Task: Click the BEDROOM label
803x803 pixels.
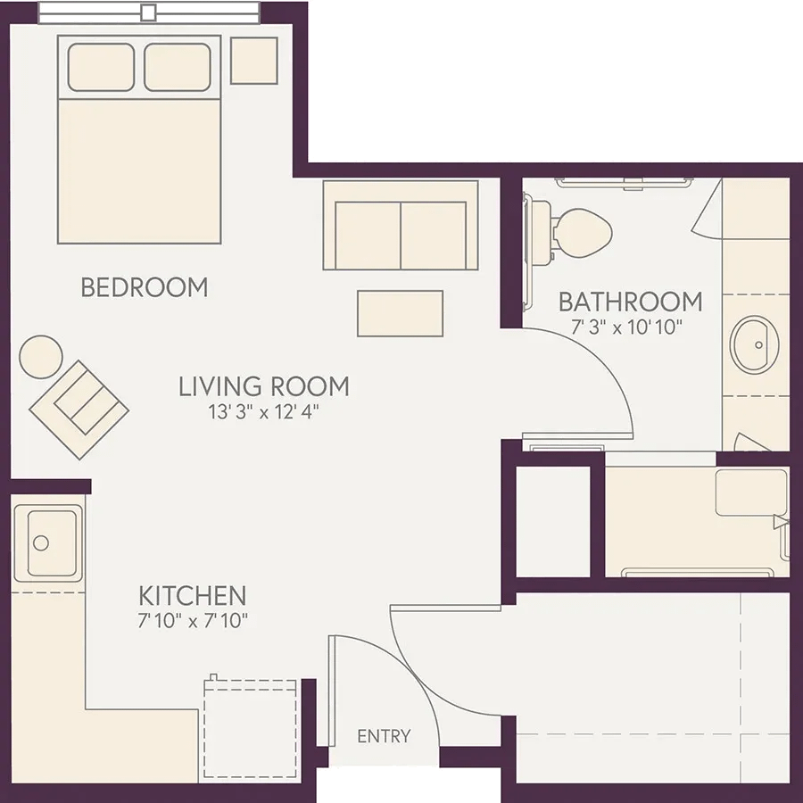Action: click(145, 287)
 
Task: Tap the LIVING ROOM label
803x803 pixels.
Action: click(264, 386)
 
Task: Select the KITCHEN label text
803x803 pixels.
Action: click(193, 596)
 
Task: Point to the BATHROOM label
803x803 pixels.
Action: click(631, 302)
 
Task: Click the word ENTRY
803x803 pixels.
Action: click(384, 736)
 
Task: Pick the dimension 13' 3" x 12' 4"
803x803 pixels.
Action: click(264, 411)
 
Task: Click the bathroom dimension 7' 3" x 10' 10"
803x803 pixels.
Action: click(627, 327)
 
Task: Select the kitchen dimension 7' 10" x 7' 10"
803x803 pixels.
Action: click(193, 621)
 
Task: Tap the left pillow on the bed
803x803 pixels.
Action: click(101, 67)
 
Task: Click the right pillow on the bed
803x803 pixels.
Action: click(178, 67)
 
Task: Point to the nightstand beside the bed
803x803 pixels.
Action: click(254, 61)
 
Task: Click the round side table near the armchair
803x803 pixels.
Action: click(41, 357)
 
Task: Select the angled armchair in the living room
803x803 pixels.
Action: click(79, 410)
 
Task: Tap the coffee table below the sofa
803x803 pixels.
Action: click(400, 313)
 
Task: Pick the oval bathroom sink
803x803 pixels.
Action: click(754, 344)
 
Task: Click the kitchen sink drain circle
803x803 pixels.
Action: click(40, 542)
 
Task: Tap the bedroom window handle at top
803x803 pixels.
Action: click(148, 12)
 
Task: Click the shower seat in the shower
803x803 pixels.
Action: click(751, 493)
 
